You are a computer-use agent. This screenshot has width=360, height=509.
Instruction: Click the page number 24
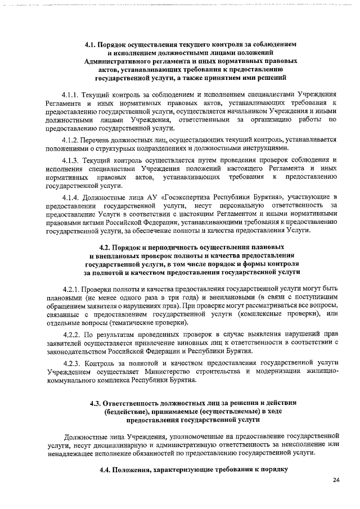[336, 480]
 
